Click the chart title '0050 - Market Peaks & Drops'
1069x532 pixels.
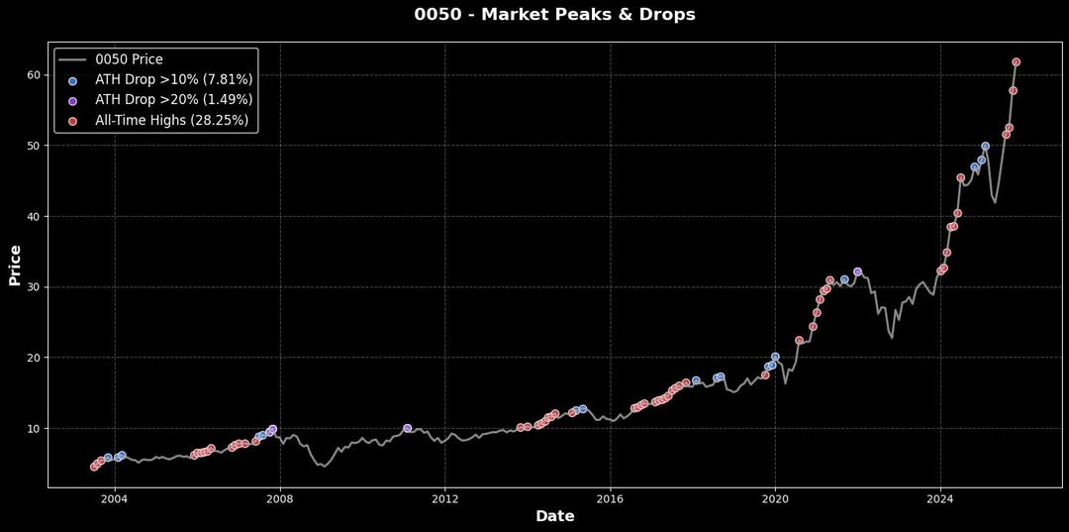(554, 15)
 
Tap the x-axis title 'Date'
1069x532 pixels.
(554, 516)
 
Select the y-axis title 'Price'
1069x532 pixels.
(15, 265)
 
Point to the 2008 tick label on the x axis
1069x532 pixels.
(280, 498)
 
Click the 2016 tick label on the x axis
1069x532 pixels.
(610, 498)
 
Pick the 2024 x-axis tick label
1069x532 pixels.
(940, 498)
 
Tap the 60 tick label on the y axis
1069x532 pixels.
(34, 75)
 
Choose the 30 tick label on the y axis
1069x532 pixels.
(34, 287)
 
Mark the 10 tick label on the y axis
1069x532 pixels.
(34, 428)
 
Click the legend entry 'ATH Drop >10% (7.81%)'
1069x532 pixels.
(173, 79)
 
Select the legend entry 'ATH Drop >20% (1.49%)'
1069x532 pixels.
(173, 100)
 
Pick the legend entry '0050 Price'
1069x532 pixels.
(129, 59)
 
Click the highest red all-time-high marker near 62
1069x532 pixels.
(1016, 62)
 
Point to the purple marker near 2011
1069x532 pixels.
(407, 428)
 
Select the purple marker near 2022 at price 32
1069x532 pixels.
(857, 271)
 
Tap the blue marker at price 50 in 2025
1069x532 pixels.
(985, 147)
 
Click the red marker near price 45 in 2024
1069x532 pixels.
(960, 178)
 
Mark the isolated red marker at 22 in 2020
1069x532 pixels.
(799, 340)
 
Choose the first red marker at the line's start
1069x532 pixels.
(94, 467)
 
